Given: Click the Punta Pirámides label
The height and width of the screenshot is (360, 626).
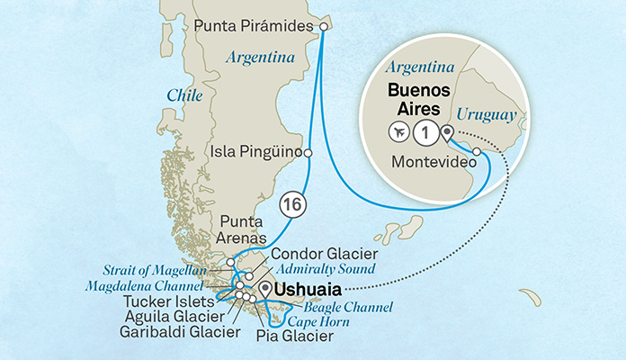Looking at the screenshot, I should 254,27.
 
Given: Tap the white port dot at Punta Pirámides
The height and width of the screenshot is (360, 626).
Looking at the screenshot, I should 324,27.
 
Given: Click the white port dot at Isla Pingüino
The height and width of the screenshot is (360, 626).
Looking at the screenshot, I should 309,154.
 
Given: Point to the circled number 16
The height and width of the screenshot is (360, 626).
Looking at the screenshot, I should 291,204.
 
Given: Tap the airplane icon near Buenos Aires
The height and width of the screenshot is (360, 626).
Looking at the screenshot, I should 398,132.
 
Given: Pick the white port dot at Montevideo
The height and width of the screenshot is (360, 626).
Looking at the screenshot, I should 477,163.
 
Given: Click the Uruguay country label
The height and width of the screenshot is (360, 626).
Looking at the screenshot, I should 486,115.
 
